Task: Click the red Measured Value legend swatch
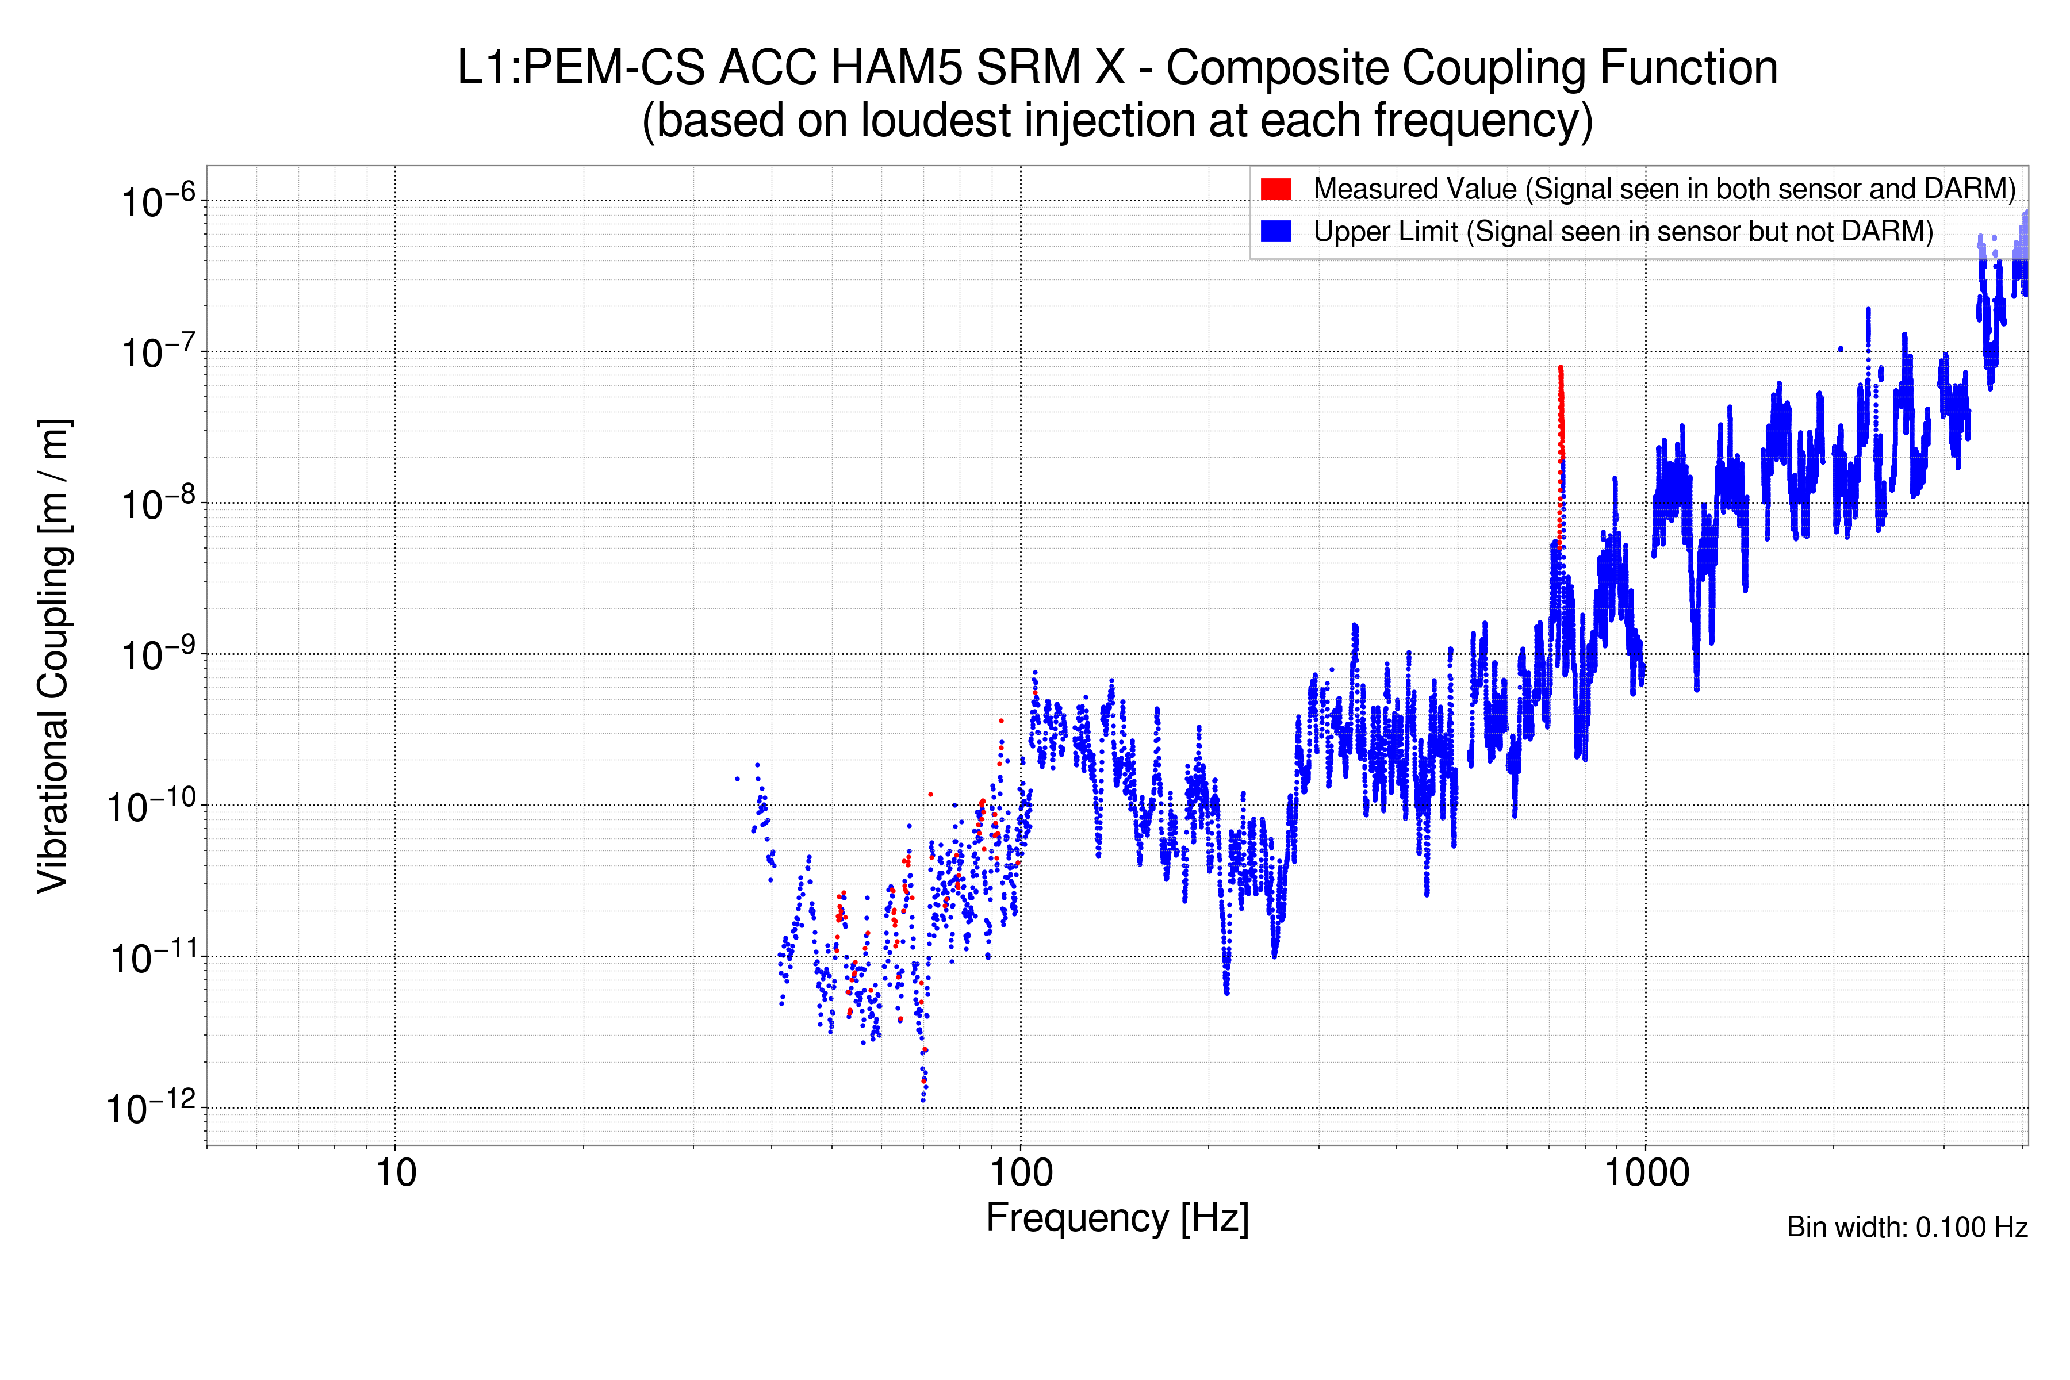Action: coord(1275,189)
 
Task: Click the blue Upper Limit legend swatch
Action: coord(1275,231)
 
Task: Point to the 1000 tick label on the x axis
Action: coord(1646,1173)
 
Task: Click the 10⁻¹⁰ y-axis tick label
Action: coord(151,806)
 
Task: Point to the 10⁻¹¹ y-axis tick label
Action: coord(151,957)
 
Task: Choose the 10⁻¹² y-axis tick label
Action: coord(151,1109)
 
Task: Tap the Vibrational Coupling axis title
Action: coord(53,655)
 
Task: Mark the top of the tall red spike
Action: coord(1561,368)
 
